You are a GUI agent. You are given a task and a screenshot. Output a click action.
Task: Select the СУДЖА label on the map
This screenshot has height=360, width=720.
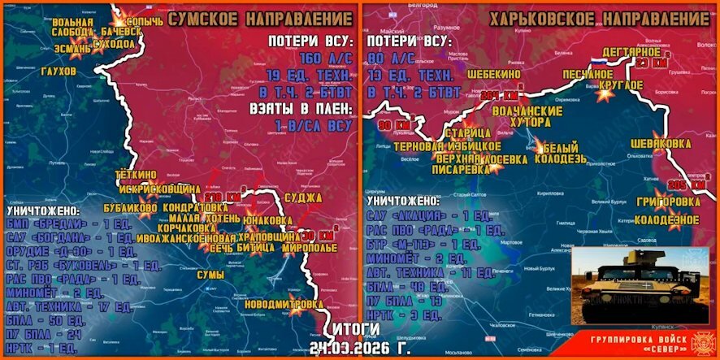point(304,197)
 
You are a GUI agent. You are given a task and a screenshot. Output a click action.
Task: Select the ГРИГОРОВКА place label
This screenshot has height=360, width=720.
point(665,202)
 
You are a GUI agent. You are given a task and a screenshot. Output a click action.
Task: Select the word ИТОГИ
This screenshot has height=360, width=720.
point(351,329)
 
